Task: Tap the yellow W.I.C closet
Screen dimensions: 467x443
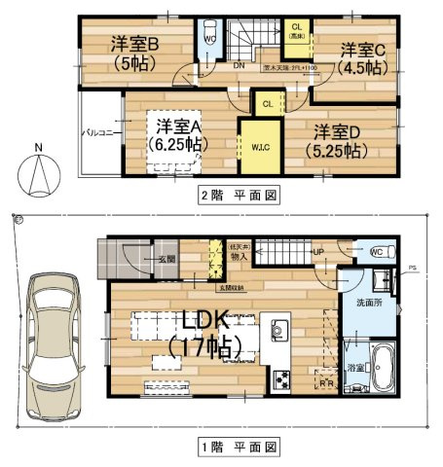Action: click(x=260, y=147)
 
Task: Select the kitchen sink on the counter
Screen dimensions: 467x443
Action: click(x=279, y=331)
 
